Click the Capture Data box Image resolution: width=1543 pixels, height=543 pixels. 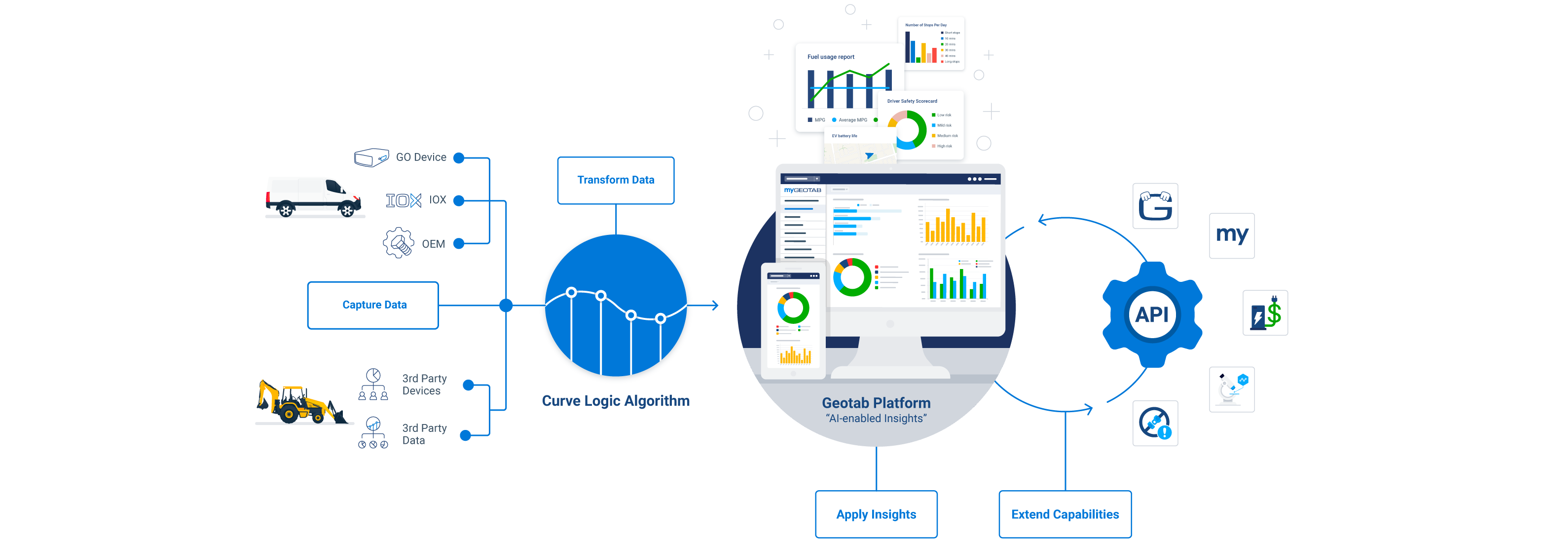click(373, 305)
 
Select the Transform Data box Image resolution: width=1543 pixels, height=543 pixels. click(615, 180)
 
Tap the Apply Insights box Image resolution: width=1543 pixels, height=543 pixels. click(876, 514)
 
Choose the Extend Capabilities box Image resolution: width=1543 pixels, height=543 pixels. click(1065, 514)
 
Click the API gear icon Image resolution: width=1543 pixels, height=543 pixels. click(1152, 314)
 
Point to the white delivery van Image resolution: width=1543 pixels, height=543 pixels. click(313, 196)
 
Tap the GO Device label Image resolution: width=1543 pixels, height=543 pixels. click(421, 157)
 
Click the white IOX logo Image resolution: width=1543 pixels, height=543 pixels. click(403, 200)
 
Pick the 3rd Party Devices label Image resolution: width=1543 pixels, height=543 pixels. click(424, 385)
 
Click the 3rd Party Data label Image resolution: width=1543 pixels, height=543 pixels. click(424, 434)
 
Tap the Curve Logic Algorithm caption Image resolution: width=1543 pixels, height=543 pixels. click(616, 401)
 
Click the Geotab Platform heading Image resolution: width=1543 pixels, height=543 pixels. click(876, 403)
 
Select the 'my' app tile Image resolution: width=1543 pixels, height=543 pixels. click(1232, 235)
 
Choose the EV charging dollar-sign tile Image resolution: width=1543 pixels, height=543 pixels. click(1265, 313)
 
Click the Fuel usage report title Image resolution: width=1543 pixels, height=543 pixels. click(830, 57)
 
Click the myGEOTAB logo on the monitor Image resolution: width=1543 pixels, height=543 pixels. click(802, 190)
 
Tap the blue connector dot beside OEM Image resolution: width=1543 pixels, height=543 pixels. click(459, 243)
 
